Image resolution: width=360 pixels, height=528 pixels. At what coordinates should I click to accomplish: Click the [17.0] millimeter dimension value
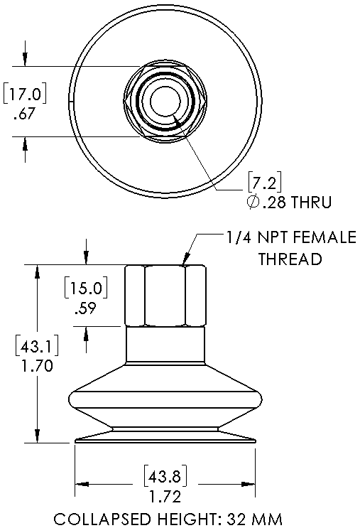[x=26, y=93]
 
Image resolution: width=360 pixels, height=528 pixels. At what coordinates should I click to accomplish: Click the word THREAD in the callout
[x=290, y=259]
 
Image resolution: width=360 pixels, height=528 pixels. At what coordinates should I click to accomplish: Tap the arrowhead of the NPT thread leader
[x=187, y=261]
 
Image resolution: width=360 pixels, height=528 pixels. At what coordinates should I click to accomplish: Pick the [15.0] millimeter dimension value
[x=86, y=289]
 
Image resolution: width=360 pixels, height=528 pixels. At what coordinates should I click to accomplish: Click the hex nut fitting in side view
[x=165, y=295]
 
